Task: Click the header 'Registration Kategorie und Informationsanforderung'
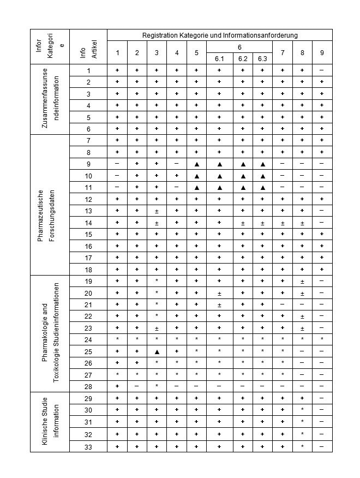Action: click(x=220, y=35)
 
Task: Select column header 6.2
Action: click(x=243, y=59)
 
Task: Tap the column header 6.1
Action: click(x=219, y=59)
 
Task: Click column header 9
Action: click(x=322, y=52)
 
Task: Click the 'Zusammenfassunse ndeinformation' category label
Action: click(x=50, y=99)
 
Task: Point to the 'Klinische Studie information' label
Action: click(x=50, y=422)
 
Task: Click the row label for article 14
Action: click(x=88, y=223)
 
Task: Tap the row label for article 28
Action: click(x=88, y=386)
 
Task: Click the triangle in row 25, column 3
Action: click(x=157, y=351)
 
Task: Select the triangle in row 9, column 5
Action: click(x=196, y=164)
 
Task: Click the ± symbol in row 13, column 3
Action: click(x=157, y=211)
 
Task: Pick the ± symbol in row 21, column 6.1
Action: click(x=219, y=305)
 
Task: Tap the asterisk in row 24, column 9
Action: click(x=322, y=340)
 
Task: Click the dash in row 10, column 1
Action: click(x=117, y=176)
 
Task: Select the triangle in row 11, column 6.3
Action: click(x=262, y=188)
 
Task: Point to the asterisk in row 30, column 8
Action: click(x=302, y=410)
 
